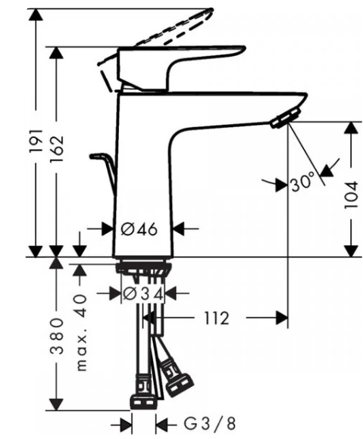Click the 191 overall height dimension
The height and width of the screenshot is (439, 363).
36,141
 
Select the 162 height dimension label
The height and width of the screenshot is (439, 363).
57,148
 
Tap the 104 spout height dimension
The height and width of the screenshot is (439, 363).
351,195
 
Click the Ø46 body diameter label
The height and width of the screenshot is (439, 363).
139,229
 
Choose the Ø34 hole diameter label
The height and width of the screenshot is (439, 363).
143,294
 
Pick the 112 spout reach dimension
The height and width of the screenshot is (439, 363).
217,318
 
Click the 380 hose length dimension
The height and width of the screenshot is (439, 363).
57,336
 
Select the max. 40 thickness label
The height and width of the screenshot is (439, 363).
81,332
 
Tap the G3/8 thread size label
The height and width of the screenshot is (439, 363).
210,424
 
